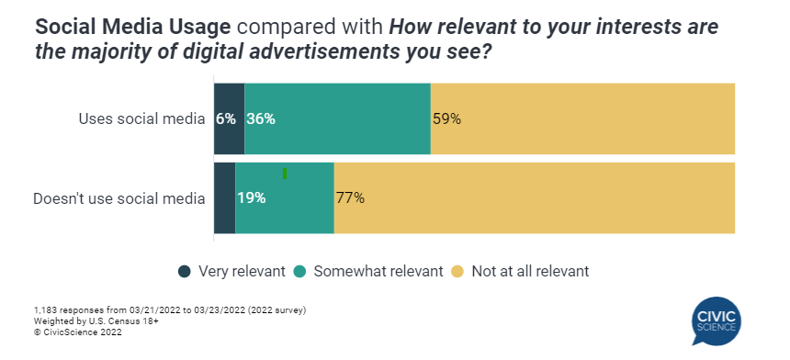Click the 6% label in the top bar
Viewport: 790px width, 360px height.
tap(226, 118)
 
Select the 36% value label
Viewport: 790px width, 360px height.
tap(261, 118)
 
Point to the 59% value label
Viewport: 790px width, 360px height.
tap(446, 118)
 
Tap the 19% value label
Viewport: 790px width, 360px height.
tap(252, 197)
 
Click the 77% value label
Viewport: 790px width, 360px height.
tap(350, 197)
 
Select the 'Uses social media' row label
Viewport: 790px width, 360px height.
tap(141, 118)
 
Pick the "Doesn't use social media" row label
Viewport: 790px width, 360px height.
tap(118, 197)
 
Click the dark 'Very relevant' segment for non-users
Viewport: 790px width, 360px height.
tap(224, 197)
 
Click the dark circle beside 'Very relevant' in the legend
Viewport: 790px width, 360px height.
tap(185, 271)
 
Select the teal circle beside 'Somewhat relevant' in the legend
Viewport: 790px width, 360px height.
tap(299, 271)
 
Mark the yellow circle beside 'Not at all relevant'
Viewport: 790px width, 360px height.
tap(457, 271)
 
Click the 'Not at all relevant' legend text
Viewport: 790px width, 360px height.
tap(530, 271)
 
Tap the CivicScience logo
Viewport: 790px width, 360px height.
tap(717, 321)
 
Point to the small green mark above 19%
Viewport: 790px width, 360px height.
tap(285, 174)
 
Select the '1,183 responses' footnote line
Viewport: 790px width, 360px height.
tap(169, 310)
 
